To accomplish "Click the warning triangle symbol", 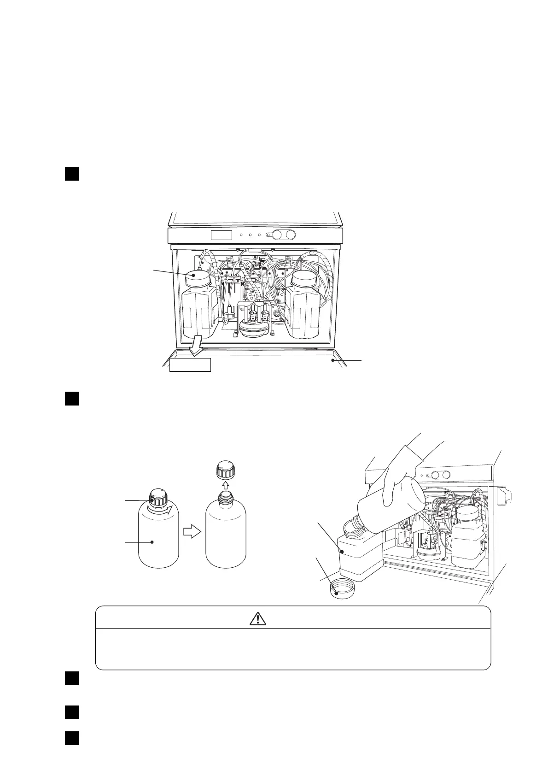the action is pos(258,618).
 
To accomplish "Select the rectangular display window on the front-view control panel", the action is pos(221,235).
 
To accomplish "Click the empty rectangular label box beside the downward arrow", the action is pos(190,365).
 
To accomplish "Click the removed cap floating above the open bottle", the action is pos(225,470).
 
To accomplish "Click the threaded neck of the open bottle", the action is pos(225,497).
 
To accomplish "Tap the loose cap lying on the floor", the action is pos(342,588).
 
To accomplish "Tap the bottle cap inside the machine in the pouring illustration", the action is pos(466,514).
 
